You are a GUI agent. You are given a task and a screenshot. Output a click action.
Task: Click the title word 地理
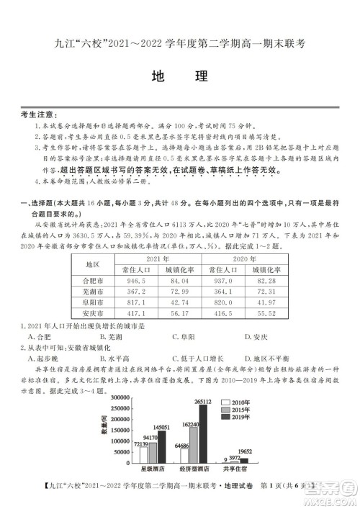pyautogui.click(x=179, y=77)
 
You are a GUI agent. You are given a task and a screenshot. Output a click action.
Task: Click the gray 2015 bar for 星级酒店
pyautogui.click(x=153, y=451)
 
